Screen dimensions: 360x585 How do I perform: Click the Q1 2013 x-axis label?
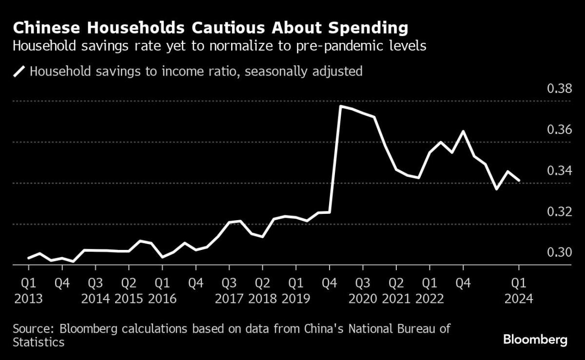[x=28, y=290]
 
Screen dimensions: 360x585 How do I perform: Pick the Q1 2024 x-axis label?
[x=519, y=290]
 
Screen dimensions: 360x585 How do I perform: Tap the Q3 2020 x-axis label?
[x=362, y=290]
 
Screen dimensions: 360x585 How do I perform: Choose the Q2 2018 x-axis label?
[x=262, y=290]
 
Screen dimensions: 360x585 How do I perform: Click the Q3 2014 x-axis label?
[x=95, y=290]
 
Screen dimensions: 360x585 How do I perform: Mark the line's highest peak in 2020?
[x=340, y=106]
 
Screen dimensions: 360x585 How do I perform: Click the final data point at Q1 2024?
[x=519, y=180]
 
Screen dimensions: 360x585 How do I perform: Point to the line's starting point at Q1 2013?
[x=28, y=258]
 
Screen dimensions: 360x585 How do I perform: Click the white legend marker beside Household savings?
[x=19, y=72]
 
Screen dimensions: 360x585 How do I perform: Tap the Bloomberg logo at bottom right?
[x=535, y=340]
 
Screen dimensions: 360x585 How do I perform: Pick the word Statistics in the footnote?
[x=39, y=342]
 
